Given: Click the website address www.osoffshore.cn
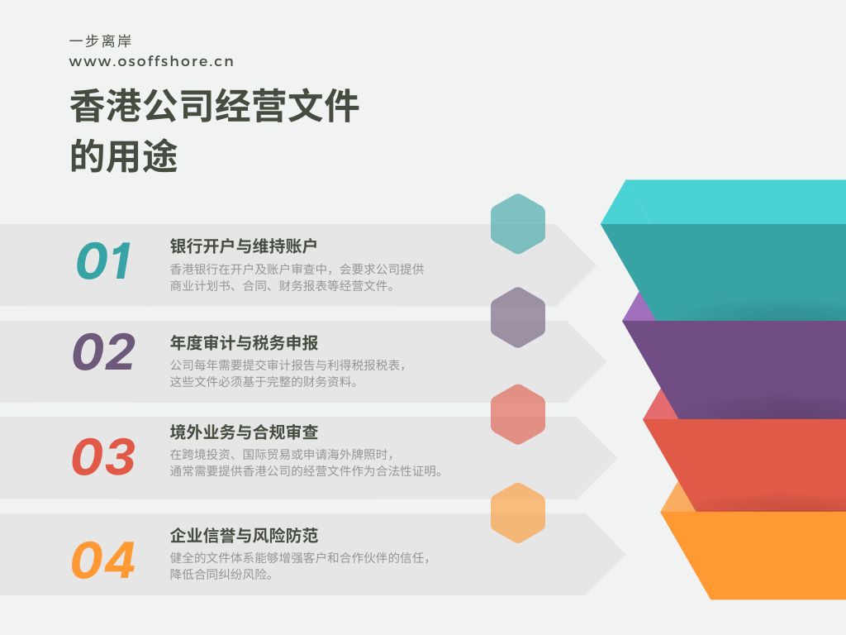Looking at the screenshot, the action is (152, 61).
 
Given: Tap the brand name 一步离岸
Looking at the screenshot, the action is (101, 41).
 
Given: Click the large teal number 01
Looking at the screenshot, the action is (104, 260).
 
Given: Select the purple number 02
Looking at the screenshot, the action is (103, 351).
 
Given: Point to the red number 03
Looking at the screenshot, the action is (103, 456).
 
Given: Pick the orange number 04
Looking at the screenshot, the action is (103, 560).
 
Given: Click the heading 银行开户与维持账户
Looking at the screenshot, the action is (244, 246).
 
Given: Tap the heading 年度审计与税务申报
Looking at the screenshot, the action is (244, 343).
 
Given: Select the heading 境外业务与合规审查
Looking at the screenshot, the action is (244, 432).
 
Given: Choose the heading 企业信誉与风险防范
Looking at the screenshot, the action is (244, 536).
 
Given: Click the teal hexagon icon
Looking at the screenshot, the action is (518, 223).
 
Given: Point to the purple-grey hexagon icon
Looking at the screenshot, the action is (518, 317).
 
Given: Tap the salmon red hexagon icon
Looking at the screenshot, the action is (518, 414).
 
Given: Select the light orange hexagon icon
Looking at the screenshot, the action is (518, 513).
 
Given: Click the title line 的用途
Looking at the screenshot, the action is (124, 155).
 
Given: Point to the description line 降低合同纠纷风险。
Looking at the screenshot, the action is (221, 574).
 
